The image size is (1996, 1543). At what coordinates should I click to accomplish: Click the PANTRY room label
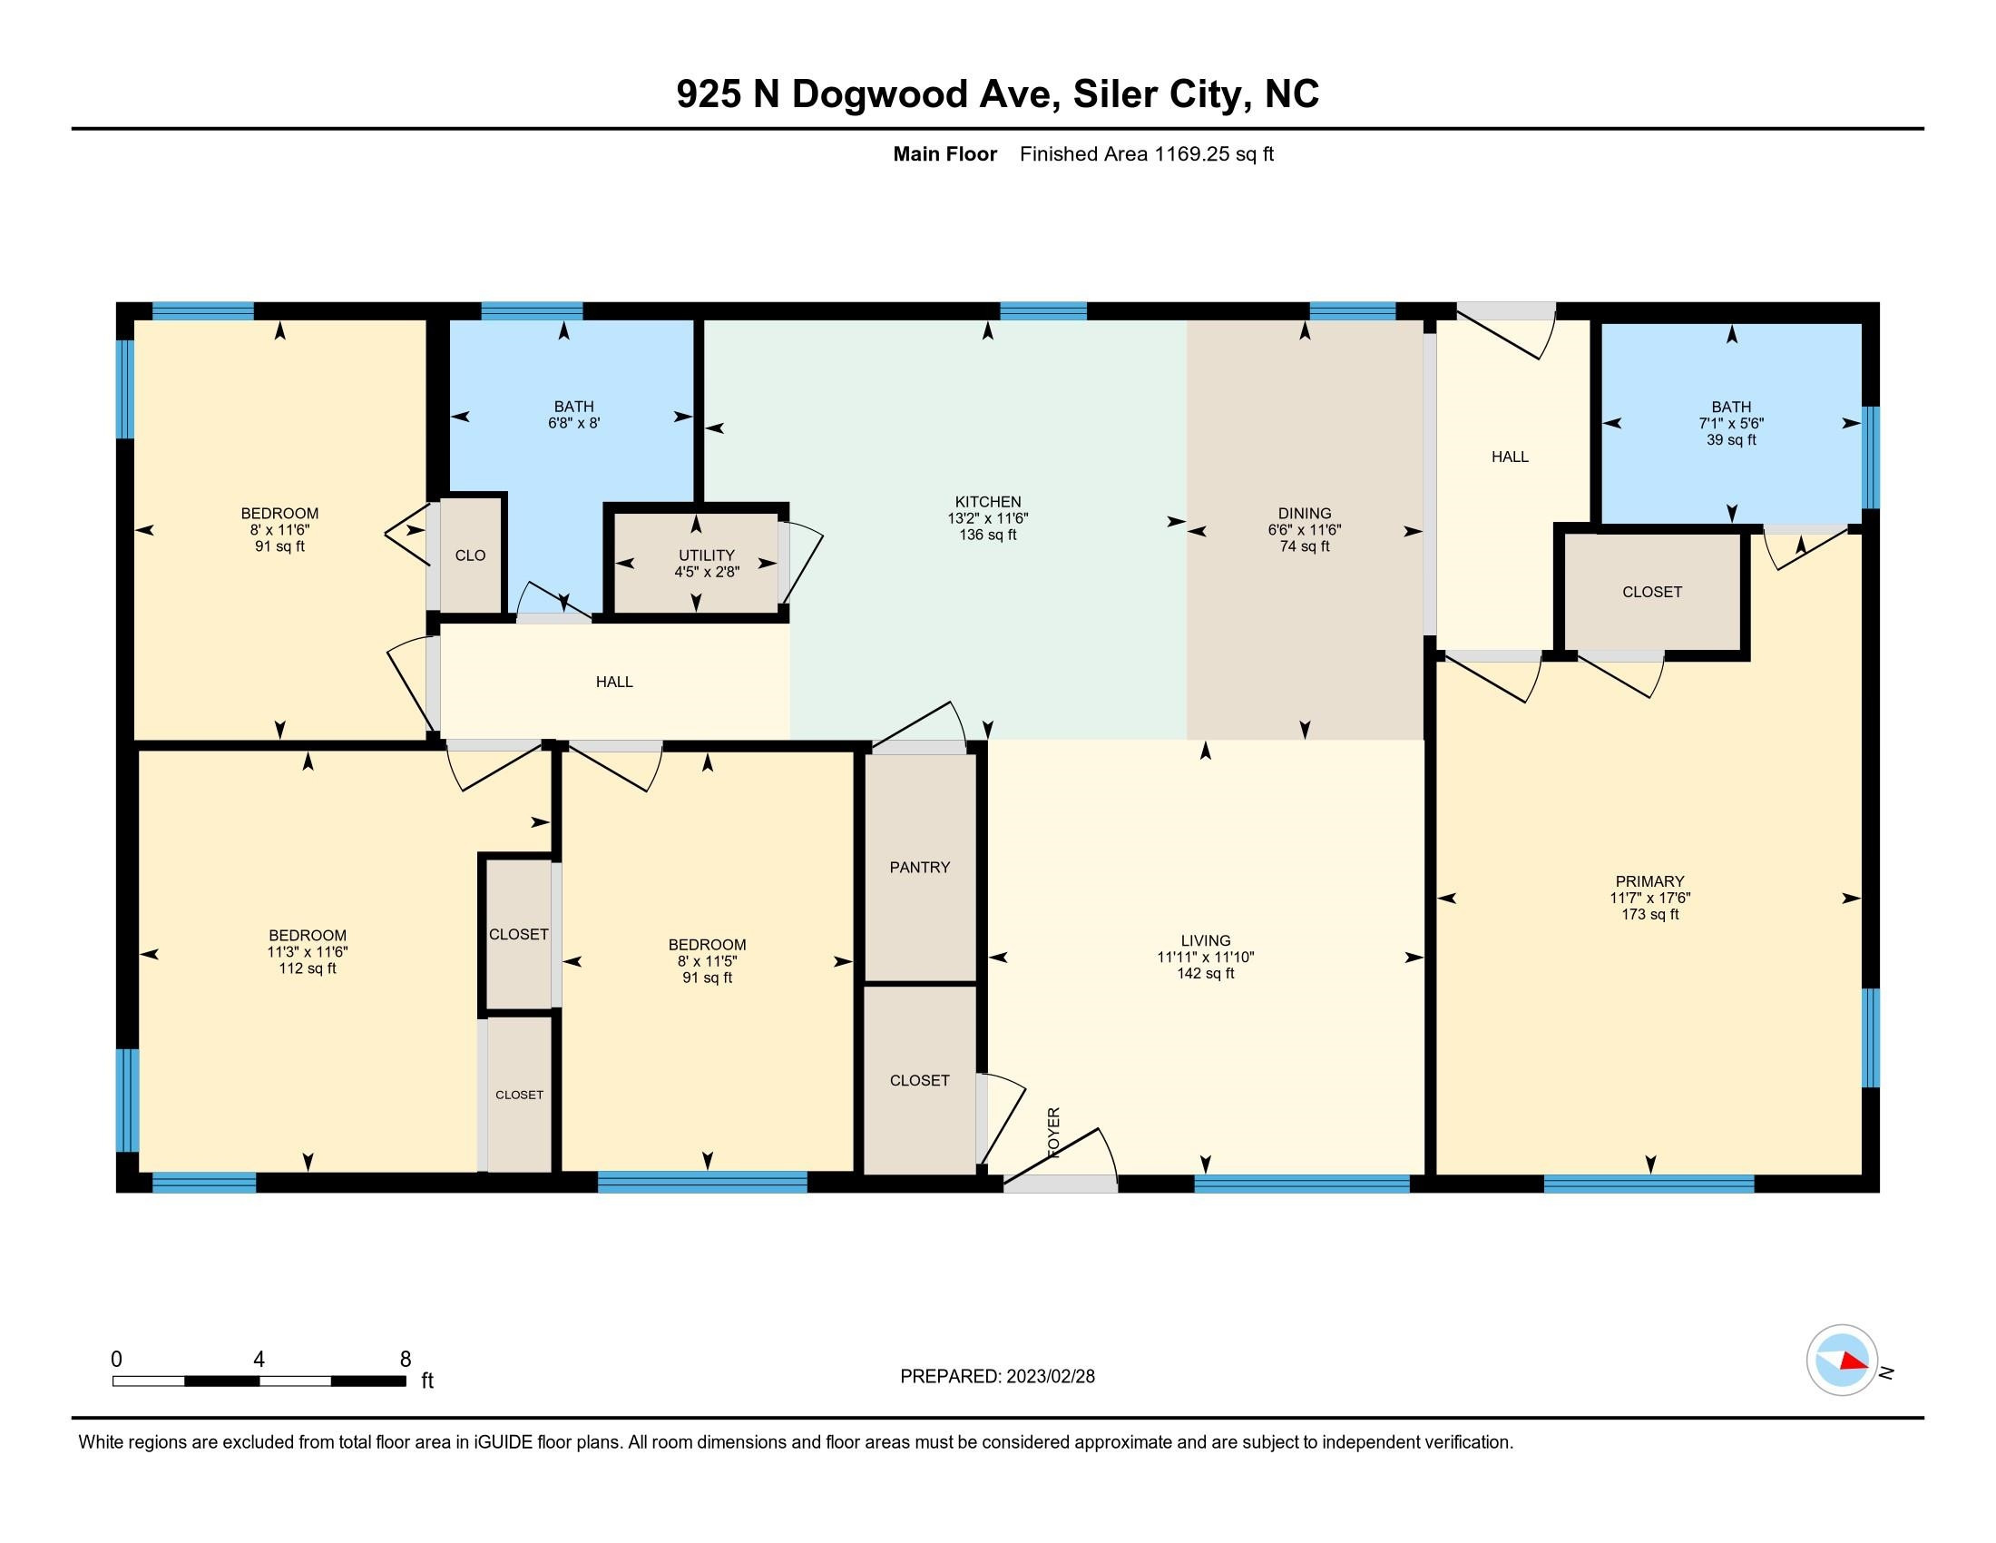point(919,867)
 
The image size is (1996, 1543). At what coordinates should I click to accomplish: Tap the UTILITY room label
point(706,555)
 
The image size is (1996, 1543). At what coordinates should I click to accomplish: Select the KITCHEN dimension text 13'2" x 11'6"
point(987,518)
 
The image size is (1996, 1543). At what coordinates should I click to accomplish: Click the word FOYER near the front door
point(1053,1134)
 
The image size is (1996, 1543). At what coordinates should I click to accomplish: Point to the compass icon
point(1842,1361)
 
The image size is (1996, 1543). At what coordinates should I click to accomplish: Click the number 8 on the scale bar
point(405,1360)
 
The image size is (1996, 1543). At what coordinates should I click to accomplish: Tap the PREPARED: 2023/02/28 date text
point(997,1377)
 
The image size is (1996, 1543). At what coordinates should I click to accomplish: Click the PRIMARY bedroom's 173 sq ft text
point(1649,914)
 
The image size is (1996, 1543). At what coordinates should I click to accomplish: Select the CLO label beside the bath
point(470,555)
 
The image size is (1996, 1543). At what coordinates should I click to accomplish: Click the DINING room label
point(1304,513)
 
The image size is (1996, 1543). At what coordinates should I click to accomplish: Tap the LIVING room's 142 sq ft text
point(1205,974)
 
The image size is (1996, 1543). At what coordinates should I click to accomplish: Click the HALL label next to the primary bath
point(1510,457)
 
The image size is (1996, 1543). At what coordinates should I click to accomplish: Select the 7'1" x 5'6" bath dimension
point(1731,423)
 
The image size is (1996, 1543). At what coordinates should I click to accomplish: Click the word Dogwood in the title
point(879,94)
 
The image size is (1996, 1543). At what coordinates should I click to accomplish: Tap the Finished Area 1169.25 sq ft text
point(1146,153)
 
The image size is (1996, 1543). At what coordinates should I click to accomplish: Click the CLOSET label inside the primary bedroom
point(1651,592)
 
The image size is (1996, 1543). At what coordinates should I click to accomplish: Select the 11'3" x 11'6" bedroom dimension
point(307,951)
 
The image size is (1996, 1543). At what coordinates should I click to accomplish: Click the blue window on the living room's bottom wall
point(1301,1183)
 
